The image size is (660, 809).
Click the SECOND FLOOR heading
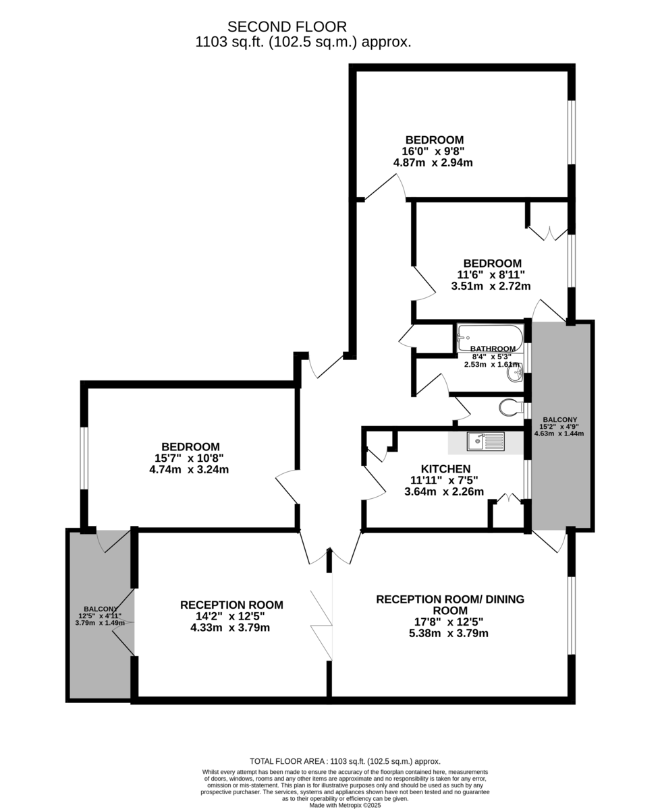[287, 26]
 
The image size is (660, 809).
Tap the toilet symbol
[512, 408]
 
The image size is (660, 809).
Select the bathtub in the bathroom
[490, 338]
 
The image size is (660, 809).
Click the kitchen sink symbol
[486, 442]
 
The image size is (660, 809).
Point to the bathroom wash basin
[515, 373]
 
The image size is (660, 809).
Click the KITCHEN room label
[445, 469]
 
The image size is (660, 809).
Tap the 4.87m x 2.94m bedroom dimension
[433, 163]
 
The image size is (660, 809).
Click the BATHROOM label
[493, 349]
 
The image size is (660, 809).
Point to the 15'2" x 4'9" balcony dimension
[559, 427]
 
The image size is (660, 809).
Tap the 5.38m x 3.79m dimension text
[449, 633]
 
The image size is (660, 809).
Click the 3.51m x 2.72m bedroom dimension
[491, 286]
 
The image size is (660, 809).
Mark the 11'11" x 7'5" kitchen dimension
[444, 481]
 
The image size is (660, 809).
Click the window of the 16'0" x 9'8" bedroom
[571, 133]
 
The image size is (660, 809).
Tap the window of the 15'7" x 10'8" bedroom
[84, 458]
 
